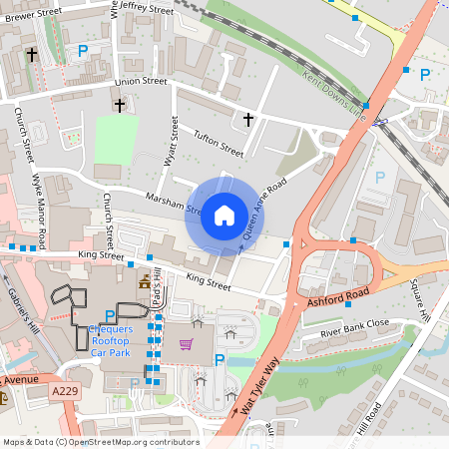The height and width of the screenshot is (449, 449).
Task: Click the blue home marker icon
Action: [224, 216]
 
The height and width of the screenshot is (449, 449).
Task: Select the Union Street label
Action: [141, 81]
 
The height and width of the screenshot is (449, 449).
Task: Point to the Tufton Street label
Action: [218, 145]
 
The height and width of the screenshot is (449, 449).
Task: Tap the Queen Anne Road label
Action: [263, 209]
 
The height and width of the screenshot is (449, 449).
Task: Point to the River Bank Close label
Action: [354, 326]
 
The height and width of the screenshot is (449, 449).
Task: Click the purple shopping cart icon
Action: [186, 344]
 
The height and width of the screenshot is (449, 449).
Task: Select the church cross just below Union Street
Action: [120, 104]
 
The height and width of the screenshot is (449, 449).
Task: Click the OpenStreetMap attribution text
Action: [100, 442]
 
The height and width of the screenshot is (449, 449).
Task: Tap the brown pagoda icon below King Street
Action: [145, 282]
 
